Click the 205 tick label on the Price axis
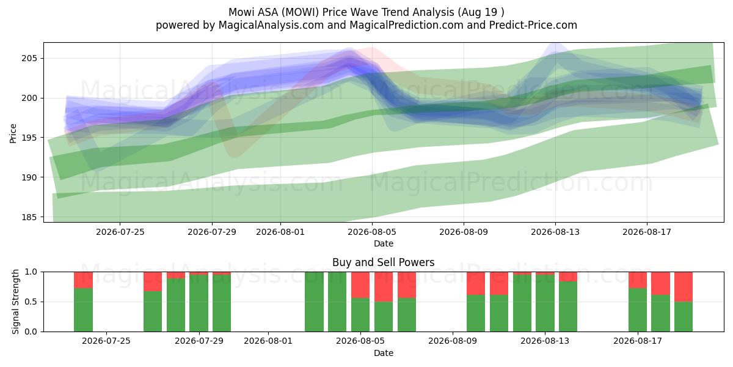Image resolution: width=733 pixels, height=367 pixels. tap(29, 59)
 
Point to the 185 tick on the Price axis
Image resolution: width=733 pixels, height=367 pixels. tap(29, 217)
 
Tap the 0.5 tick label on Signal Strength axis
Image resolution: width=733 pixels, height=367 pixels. tap(31, 302)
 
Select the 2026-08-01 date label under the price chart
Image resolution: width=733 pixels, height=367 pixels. tap(280, 232)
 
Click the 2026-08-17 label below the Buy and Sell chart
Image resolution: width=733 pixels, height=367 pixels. tap(638, 341)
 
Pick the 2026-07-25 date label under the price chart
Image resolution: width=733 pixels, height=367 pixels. tap(120, 232)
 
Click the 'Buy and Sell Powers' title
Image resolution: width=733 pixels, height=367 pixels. tap(383, 262)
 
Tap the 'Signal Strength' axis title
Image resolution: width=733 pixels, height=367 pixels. tap(15, 302)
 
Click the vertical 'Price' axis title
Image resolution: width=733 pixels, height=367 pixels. tap(13, 133)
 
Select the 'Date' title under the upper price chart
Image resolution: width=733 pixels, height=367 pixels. tap(384, 243)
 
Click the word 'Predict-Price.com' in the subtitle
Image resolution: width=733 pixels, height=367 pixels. tap(533, 25)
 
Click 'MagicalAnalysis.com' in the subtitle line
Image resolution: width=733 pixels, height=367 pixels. tap(271, 25)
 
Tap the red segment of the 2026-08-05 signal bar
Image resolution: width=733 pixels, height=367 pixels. tap(360, 285)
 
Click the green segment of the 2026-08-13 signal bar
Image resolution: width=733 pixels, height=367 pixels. tap(545, 303)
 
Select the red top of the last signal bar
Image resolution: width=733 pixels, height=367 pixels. tap(684, 287)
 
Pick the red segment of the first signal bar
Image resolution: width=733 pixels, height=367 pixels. tap(83, 280)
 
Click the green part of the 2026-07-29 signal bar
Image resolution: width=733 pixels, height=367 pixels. tap(199, 303)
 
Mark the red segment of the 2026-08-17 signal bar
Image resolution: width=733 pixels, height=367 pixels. tap(638, 280)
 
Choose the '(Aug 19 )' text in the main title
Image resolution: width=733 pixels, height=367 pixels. tap(481, 12)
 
